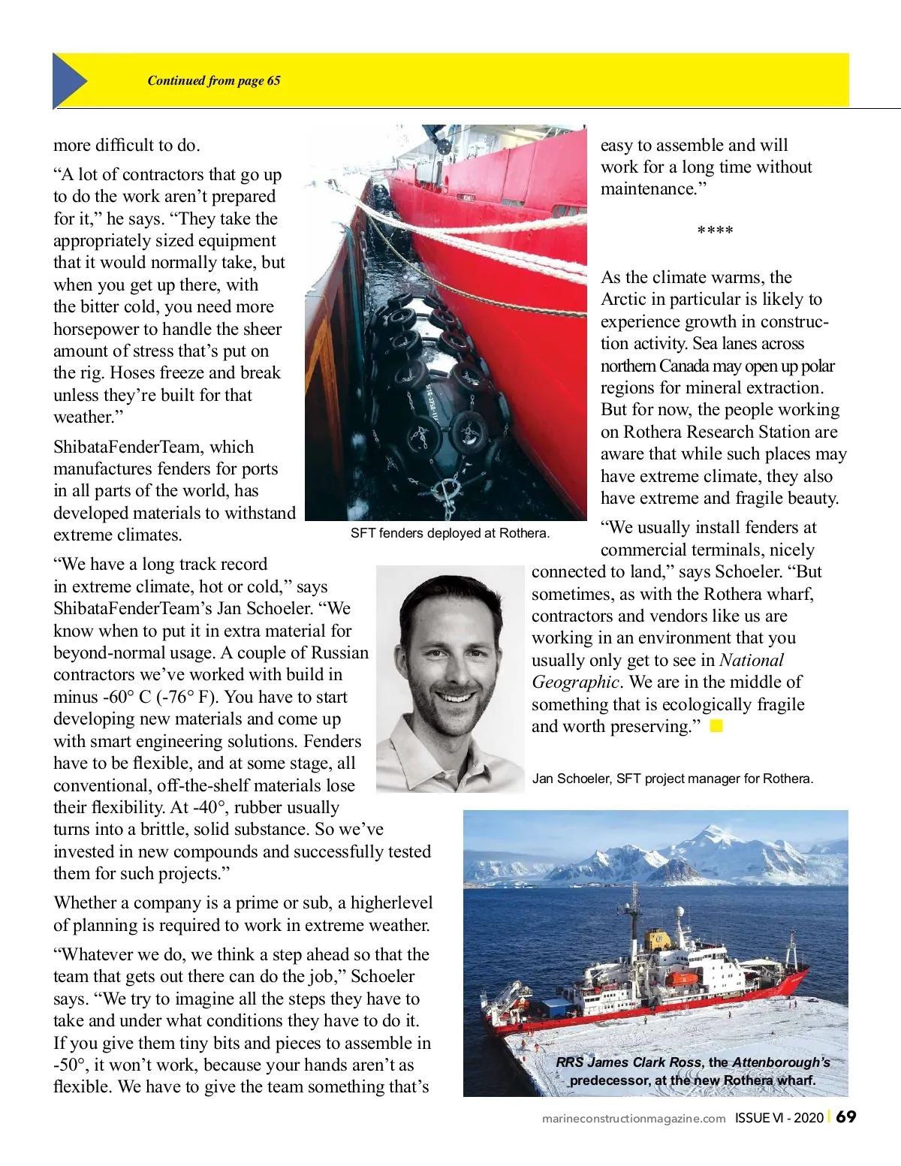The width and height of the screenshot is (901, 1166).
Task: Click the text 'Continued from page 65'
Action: (x=213, y=81)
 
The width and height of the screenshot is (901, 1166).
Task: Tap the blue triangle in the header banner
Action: (x=68, y=81)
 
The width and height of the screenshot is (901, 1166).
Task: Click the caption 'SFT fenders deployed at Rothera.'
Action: (x=450, y=533)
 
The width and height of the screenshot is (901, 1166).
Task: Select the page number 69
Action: (x=846, y=1117)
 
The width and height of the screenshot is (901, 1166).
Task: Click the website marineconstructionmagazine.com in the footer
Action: (x=634, y=1119)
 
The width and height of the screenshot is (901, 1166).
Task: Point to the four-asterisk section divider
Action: (x=715, y=231)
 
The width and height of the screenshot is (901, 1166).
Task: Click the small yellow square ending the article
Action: (x=716, y=726)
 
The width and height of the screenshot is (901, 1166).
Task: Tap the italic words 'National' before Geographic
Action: (x=751, y=660)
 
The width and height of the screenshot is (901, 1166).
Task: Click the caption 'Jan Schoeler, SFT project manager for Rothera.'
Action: (x=672, y=779)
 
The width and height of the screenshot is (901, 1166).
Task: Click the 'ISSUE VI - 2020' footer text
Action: (x=779, y=1118)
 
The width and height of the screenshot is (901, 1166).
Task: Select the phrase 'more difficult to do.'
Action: (x=126, y=145)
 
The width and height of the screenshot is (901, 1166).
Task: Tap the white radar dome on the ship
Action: (x=680, y=912)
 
